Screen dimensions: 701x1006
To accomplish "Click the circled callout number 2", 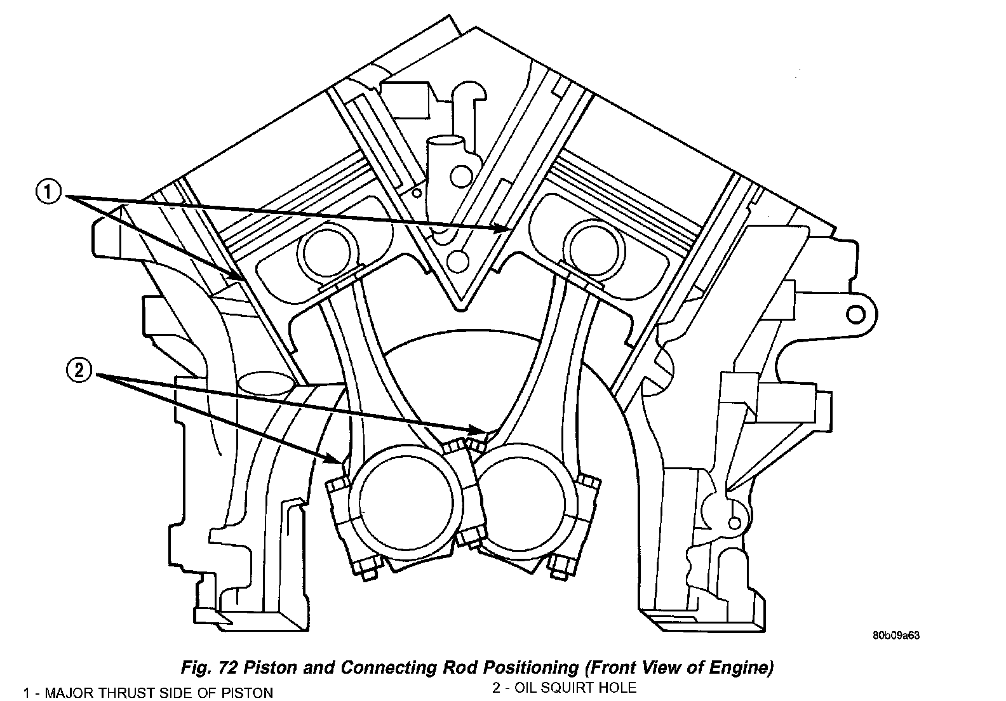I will click(79, 371).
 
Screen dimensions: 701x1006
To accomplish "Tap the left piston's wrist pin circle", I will click(324, 251).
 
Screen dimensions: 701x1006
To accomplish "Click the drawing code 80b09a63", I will click(896, 635).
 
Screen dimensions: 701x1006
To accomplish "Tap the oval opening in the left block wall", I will click(266, 382).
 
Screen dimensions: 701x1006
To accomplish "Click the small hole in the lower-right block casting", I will click(735, 523).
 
